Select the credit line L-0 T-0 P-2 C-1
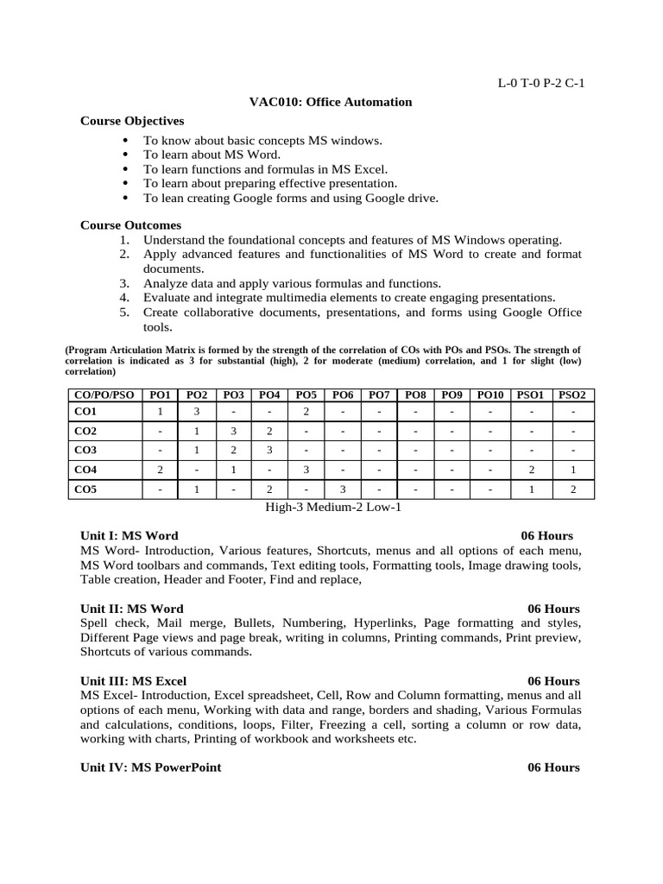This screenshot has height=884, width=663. (x=541, y=83)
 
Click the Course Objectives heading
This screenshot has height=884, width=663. (x=132, y=121)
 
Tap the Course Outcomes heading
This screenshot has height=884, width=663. (x=131, y=225)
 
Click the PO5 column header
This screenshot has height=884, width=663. (x=306, y=395)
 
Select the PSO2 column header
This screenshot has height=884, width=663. (x=572, y=395)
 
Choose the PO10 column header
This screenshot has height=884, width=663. (x=489, y=395)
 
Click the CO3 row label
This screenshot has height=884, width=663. (x=85, y=451)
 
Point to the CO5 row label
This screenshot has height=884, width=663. (x=85, y=489)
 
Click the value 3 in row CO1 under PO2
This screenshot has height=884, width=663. (x=197, y=412)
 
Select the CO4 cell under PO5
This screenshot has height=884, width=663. (x=306, y=470)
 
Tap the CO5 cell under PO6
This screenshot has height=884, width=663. (x=343, y=489)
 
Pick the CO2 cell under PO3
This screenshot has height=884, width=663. (x=233, y=431)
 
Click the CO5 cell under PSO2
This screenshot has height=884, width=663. (x=572, y=489)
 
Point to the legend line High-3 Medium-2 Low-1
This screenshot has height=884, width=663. (x=332, y=508)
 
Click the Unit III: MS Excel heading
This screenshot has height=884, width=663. (x=133, y=681)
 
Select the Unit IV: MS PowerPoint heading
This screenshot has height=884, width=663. (x=150, y=767)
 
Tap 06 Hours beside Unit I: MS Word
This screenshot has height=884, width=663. (x=546, y=536)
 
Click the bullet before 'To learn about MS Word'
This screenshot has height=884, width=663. (x=126, y=155)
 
